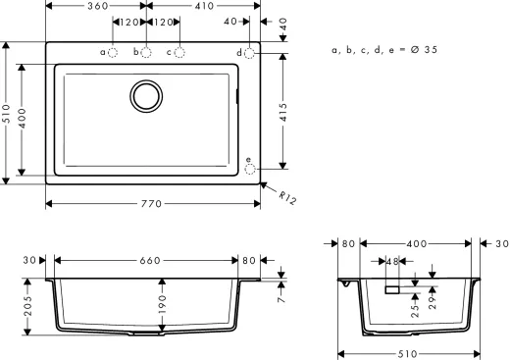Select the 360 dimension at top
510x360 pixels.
click(x=96, y=6)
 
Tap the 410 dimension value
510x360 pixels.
click(x=203, y=6)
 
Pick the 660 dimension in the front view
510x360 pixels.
click(x=149, y=261)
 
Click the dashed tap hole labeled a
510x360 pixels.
click(x=113, y=52)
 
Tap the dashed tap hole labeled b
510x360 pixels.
click(x=146, y=52)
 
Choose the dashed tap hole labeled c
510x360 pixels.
click(x=179, y=52)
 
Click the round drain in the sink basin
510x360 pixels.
click(x=147, y=95)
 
